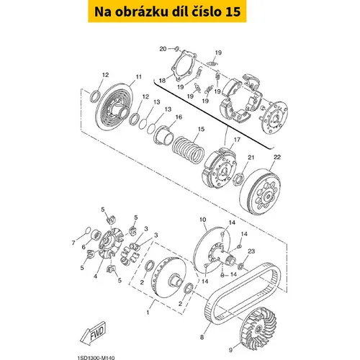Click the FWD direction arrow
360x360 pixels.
93,333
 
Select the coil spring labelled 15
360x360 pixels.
189,150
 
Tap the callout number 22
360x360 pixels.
277,157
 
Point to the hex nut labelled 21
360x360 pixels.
240,179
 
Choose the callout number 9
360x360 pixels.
230,350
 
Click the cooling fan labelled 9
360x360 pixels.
258,326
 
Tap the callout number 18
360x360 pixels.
162,81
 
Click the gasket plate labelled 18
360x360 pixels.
184,66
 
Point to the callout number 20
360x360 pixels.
163,49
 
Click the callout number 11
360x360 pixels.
139,77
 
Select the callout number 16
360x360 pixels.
179,117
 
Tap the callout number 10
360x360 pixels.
203,220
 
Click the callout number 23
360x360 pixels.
251,251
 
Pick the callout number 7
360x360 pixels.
73,243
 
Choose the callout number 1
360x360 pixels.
148,312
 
